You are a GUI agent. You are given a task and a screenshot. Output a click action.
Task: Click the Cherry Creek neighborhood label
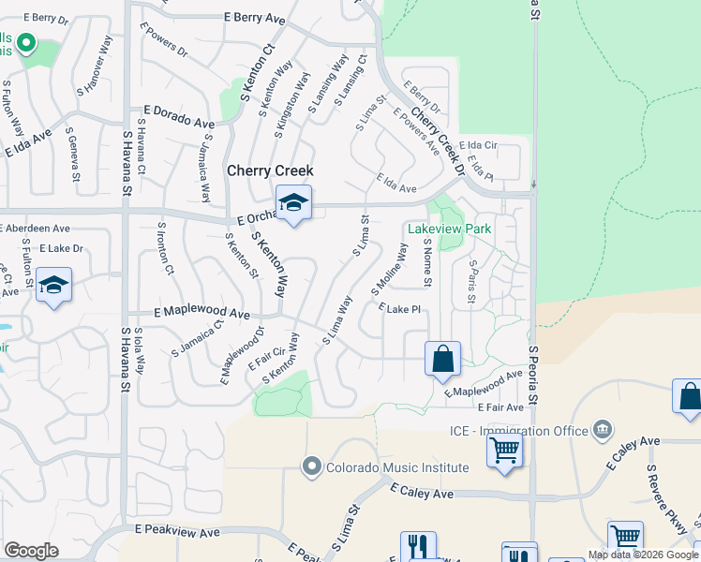click(x=270, y=170)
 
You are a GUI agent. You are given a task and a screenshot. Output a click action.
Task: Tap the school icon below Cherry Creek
click(x=293, y=202)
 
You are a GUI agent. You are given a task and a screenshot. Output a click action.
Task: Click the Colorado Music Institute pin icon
click(x=311, y=466)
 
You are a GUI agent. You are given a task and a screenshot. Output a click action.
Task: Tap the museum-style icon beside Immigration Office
click(x=602, y=431)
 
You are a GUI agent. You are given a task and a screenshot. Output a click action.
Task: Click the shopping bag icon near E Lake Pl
click(x=442, y=359)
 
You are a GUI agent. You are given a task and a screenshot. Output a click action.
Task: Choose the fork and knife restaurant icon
click(x=418, y=547)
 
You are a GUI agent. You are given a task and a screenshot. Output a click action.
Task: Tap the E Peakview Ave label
click(x=176, y=530)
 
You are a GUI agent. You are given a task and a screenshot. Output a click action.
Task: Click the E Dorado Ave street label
click(x=179, y=120)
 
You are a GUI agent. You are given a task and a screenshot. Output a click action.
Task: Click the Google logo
click(x=31, y=551)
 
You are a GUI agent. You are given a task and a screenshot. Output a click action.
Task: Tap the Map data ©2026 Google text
click(x=642, y=555)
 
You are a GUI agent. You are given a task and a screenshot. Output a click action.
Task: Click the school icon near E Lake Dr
click(x=54, y=287)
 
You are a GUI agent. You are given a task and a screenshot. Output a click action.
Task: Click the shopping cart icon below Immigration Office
click(x=503, y=451)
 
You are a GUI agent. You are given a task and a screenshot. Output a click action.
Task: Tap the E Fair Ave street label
click(x=500, y=407)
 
